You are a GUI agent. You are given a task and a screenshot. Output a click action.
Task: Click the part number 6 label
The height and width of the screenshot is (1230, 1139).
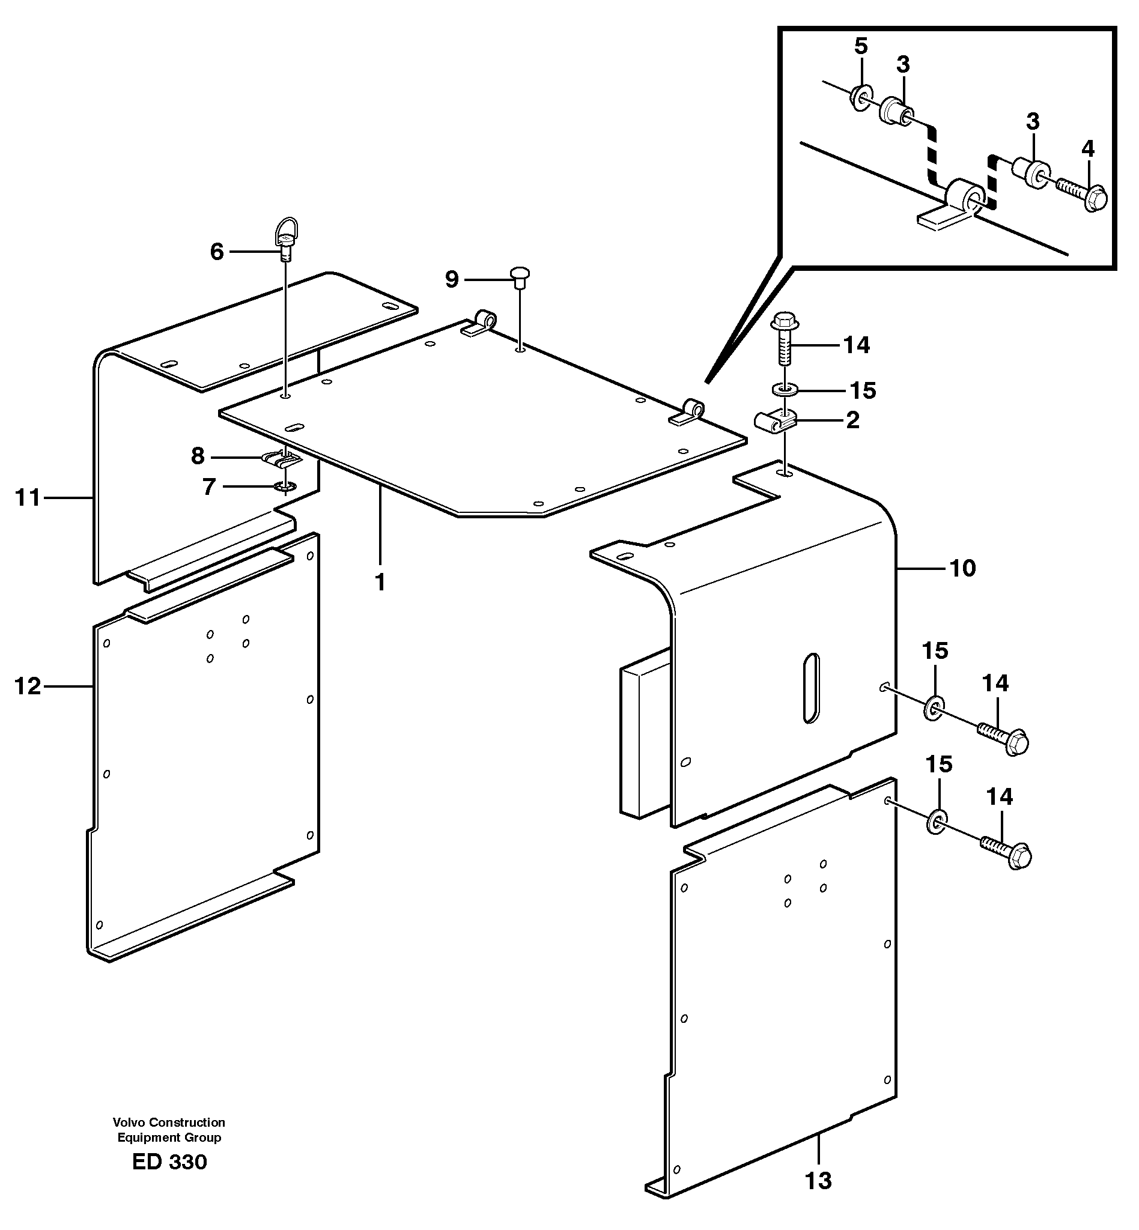[x=216, y=252]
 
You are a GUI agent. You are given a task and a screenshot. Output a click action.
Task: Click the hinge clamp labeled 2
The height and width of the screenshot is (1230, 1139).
[x=776, y=422]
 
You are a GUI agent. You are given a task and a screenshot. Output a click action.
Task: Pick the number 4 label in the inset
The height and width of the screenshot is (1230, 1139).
[x=1088, y=148]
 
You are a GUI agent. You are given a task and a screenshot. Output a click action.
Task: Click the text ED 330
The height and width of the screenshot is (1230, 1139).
[x=169, y=1162]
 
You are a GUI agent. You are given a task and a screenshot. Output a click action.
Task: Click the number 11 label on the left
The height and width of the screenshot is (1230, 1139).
[x=27, y=497]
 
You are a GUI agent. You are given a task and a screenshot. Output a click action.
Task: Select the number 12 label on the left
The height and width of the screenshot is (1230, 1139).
[x=27, y=686]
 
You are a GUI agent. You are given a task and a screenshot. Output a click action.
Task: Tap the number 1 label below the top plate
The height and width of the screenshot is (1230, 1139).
[x=380, y=581]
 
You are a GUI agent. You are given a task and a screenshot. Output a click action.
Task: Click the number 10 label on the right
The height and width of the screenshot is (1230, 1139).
[x=963, y=568]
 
